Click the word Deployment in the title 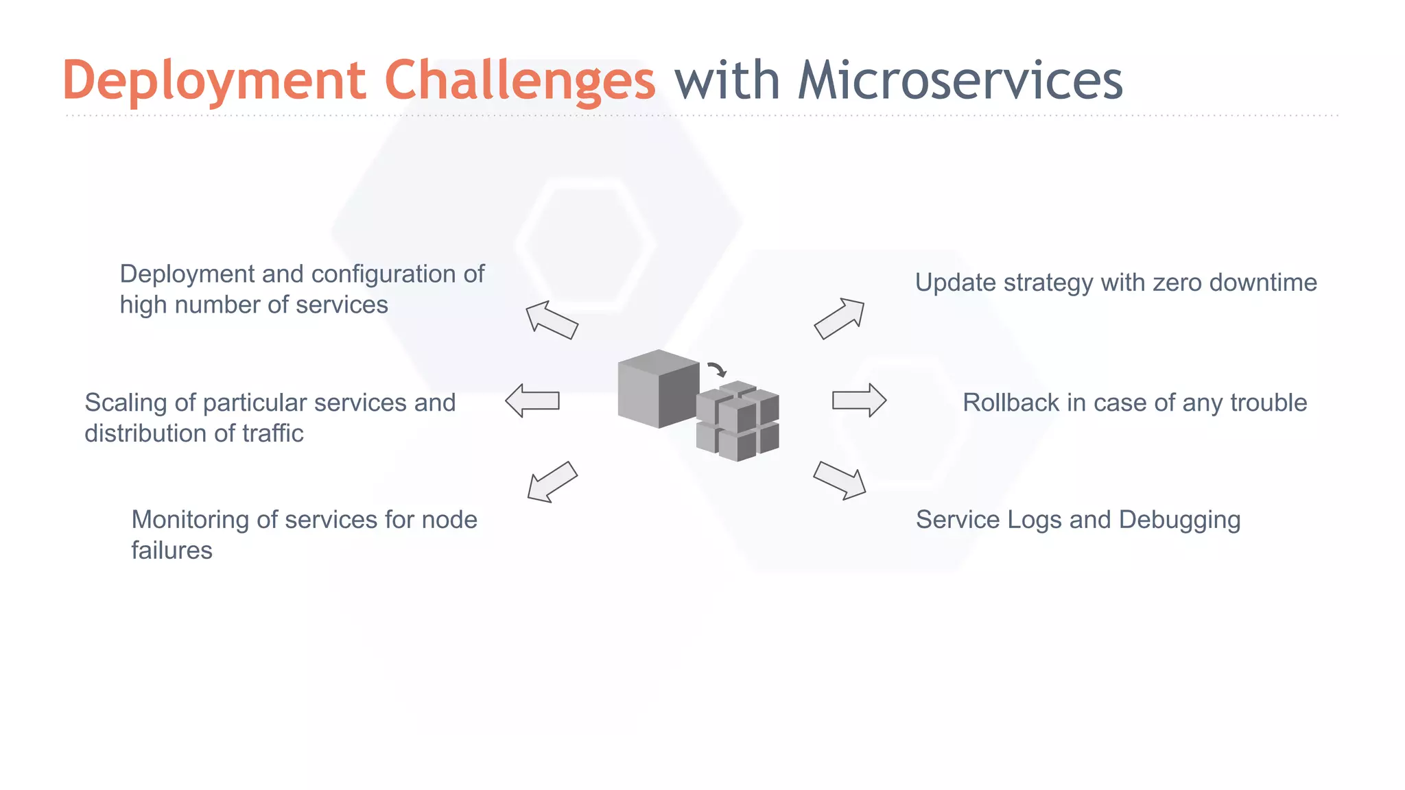click(x=214, y=81)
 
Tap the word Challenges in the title click(x=519, y=81)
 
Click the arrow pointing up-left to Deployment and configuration click(x=552, y=320)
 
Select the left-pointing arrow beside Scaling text click(x=532, y=400)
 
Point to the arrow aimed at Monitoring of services click(x=552, y=481)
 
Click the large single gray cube click(x=658, y=388)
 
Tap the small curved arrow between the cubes click(x=717, y=370)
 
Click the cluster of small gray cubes click(x=737, y=421)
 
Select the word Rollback click(x=1011, y=403)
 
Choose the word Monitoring click(x=190, y=520)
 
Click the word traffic click(x=272, y=433)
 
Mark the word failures click(x=172, y=551)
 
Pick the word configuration click(x=387, y=274)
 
